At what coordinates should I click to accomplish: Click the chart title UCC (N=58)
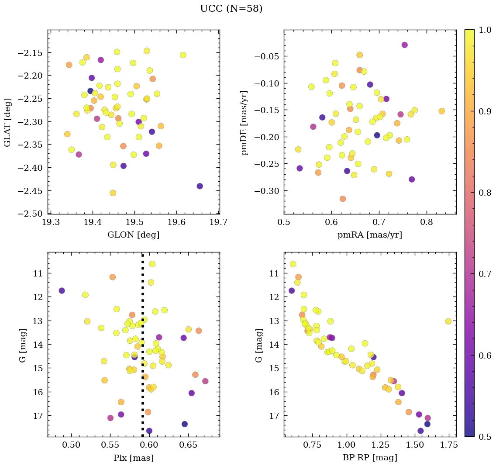pos(231,9)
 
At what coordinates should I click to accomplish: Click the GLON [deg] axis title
pos(133,235)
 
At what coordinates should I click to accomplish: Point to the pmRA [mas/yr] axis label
pos(369,235)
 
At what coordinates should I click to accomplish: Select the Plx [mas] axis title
pos(133,458)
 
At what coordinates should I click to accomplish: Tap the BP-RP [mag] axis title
pos(369,458)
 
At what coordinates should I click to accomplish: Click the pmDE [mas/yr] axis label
pos(245,122)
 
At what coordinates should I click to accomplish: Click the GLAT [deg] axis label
pos(7,122)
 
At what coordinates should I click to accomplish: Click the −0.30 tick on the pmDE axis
pos(267,191)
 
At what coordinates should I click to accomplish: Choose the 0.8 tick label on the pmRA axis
pos(426,223)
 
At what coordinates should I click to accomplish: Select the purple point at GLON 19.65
pos(200,186)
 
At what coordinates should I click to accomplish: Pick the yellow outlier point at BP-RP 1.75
pos(448,321)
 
